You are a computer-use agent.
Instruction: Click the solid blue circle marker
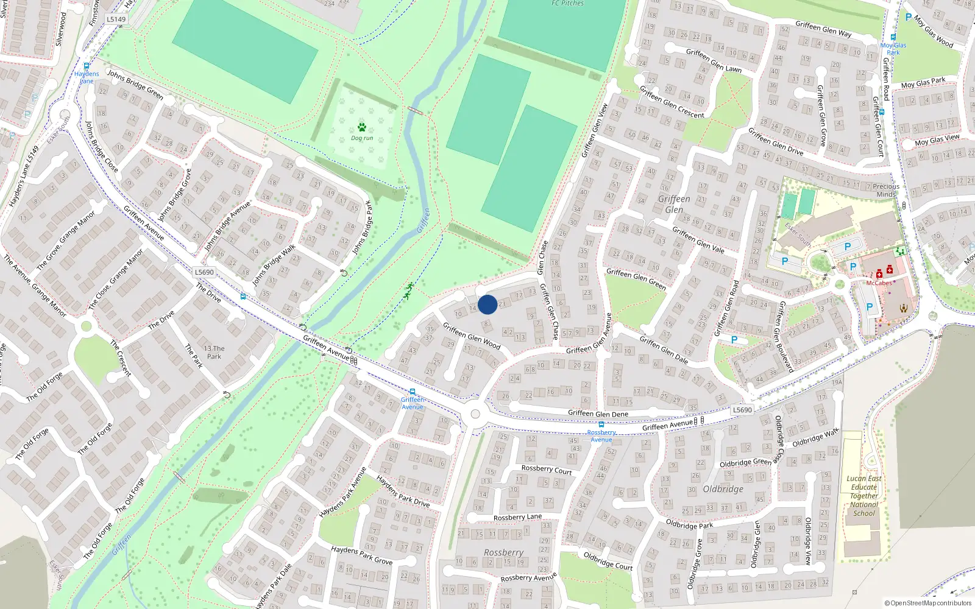coord(487,304)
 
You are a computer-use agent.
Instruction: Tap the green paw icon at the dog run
coord(362,128)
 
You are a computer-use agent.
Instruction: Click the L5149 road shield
coord(116,19)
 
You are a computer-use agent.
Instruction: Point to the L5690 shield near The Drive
coord(205,272)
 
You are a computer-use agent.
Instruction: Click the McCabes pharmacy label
coord(879,283)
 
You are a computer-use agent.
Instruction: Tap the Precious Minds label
coord(886,190)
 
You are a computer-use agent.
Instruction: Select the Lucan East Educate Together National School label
coord(864,496)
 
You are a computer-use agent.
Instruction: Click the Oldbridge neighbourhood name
coord(723,489)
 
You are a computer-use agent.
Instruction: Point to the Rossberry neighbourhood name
coord(503,552)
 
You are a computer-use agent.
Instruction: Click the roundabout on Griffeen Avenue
coord(475,414)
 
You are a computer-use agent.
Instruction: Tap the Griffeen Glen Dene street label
coord(598,414)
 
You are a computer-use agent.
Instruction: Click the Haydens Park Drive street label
coord(403,491)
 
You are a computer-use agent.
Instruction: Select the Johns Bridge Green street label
coord(135,85)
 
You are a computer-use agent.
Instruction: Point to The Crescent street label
coord(121,358)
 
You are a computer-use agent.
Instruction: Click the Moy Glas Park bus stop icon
coord(893,37)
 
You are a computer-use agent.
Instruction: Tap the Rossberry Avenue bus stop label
coord(601,436)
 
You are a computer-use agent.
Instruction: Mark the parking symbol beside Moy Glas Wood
coord(909,18)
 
